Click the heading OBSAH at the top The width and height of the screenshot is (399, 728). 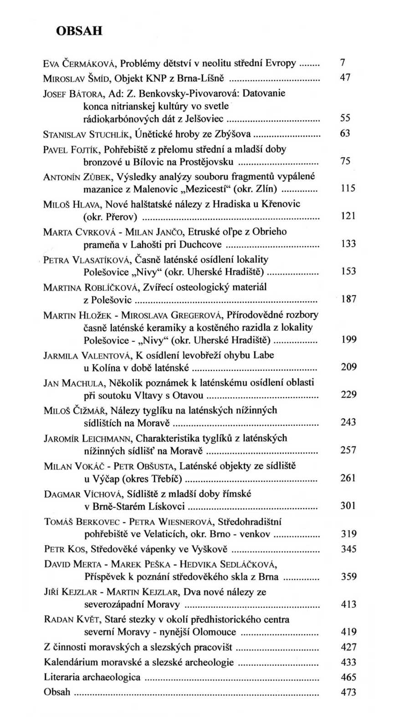pyautogui.click(x=79, y=31)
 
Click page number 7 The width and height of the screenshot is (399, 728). pyautogui.click(x=343, y=63)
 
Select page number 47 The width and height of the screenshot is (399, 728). pyautogui.click(x=345, y=77)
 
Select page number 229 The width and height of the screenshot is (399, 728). pyautogui.click(x=348, y=394)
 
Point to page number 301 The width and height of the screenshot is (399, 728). pyautogui.click(x=348, y=506)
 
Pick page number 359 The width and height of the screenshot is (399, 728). pyautogui.click(x=348, y=576)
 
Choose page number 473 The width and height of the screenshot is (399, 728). pyautogui.click(x=348, y=693)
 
